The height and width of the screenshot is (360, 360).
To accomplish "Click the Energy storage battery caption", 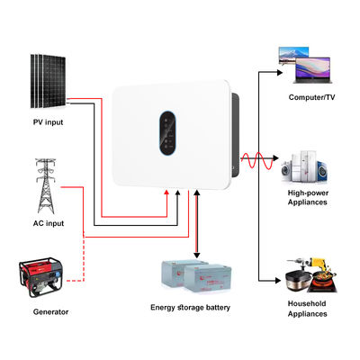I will point(190,308).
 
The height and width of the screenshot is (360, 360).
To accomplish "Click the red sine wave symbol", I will point(256,165).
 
